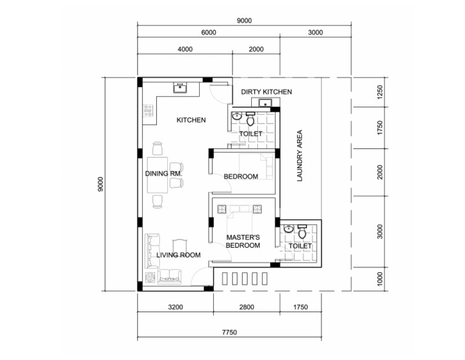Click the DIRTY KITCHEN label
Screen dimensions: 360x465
[266, 92]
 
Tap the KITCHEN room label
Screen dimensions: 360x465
[191, 121]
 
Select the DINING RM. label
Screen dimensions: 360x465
[163, 174]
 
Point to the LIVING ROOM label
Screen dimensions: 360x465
[178, 255]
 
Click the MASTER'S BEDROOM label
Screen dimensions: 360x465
[243, 241]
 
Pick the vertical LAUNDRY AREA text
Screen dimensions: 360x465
[299, 156]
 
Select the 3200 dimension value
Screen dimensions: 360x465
[175, 307]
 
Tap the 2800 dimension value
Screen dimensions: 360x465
[246, 307]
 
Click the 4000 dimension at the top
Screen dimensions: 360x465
[185, 50]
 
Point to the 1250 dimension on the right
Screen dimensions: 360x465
[380, 93]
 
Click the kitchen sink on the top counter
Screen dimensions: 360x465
[180, 88]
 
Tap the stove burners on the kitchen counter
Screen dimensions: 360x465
[147, 110]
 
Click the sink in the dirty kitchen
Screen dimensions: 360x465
[265, 103]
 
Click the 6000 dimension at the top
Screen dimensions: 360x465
[208, 33]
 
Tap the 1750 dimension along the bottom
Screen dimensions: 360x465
[299, 307]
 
